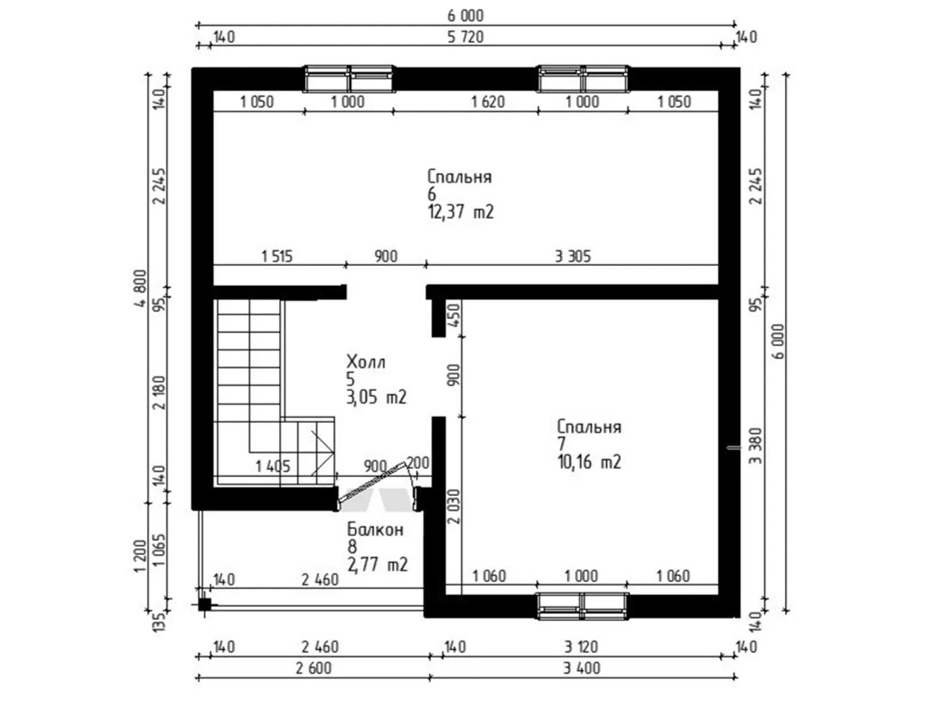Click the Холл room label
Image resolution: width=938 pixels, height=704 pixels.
365,362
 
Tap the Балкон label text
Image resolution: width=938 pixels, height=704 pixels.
375,529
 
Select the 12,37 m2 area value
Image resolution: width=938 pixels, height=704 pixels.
461,212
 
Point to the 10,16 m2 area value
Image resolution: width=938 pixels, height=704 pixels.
589,462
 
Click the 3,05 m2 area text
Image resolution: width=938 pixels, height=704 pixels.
376,397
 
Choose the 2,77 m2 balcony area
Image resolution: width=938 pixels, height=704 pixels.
377,565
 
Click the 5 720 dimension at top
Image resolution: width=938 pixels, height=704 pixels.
465,37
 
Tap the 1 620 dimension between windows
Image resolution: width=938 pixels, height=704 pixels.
488,102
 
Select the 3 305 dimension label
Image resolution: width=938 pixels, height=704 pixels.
573,256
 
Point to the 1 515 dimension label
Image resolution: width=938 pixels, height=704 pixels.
277,256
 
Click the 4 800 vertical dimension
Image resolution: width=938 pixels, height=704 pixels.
140,288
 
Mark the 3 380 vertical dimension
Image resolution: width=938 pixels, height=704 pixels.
756,445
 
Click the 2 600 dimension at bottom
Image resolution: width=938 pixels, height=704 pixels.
313,668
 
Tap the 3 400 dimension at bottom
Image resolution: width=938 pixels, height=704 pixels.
582,668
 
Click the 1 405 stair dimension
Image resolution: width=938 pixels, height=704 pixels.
273,466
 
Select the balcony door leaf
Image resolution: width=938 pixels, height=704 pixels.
371,482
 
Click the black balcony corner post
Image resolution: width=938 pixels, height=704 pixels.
205,605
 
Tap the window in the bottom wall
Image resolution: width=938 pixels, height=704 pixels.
583,606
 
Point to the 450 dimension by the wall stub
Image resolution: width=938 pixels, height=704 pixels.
454,315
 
